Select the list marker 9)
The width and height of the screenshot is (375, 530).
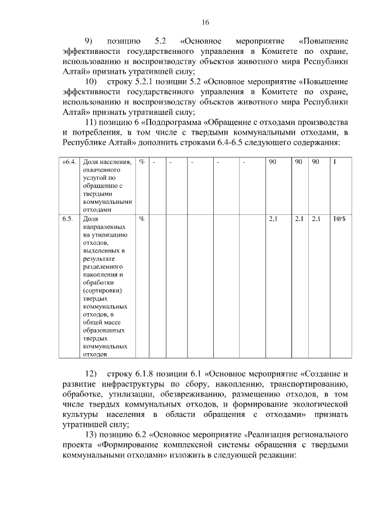(89, 41)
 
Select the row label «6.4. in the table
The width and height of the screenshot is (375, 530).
(68, 162)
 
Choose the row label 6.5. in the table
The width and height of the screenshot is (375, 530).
(67, 218)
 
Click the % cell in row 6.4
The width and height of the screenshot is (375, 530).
(142, 162)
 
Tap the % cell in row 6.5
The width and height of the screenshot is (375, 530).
(142, 218)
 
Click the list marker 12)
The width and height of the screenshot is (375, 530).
(91, 373)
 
